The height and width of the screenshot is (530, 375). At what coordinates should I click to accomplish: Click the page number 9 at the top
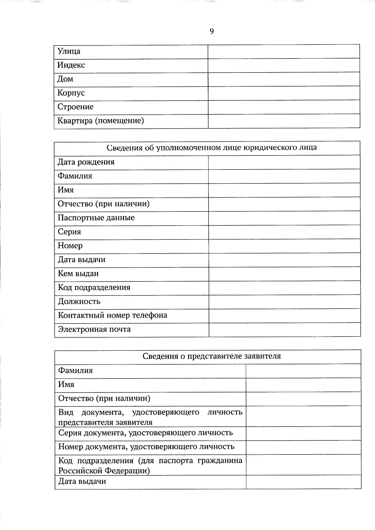212,31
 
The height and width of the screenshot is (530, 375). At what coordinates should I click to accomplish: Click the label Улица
69,51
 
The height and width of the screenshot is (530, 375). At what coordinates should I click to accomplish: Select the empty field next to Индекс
284,65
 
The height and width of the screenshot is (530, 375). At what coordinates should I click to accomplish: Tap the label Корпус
71,93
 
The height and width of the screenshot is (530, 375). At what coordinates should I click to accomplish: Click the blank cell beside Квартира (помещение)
284,121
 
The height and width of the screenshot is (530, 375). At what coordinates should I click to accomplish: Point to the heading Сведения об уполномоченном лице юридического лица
212,147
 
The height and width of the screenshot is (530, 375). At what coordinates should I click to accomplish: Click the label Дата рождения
86,162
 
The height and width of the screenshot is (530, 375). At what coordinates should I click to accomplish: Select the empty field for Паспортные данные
284,218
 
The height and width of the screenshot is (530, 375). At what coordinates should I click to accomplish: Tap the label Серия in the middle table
69,232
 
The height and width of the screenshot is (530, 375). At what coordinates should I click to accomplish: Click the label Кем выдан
78,274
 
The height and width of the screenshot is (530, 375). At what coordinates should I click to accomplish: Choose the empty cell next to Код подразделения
284,288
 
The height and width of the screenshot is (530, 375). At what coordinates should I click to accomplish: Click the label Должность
79,302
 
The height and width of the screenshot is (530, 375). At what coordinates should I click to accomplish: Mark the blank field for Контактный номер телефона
284,315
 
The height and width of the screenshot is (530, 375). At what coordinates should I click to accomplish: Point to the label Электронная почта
94,329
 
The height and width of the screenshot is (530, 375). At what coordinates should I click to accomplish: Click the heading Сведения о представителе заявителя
212,356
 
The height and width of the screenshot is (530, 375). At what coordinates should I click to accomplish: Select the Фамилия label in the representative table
76,371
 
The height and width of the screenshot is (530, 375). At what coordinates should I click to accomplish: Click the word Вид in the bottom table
66,412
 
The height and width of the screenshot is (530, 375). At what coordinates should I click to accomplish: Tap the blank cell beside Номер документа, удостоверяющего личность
303,447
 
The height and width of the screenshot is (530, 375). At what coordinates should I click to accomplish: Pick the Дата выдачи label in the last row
82,482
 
